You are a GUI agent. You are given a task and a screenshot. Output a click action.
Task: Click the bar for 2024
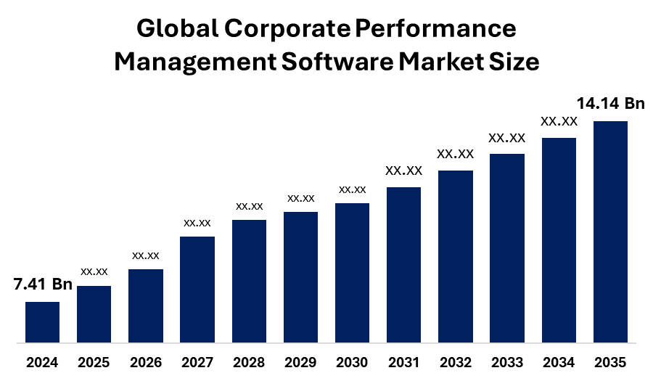coord(42,321)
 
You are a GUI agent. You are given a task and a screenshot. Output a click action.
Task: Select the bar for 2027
coord(197,289)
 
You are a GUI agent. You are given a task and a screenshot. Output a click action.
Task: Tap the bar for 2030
coord(352,272)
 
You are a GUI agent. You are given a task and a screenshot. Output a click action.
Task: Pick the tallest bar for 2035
coord(610,231)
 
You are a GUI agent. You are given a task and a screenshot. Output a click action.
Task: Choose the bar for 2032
coord(456,255)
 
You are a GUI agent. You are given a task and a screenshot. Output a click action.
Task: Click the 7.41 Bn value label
coord(43,284)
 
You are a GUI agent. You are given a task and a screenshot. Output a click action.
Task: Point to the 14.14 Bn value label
coord(610,104)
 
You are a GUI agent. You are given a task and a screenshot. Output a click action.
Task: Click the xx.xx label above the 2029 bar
coord(300,198)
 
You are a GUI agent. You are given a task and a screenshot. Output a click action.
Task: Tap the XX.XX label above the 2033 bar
coord(506,138)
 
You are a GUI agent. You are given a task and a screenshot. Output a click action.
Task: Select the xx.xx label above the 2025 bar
coord(94,271)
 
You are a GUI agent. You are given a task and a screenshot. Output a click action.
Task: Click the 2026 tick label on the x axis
coord(146,362)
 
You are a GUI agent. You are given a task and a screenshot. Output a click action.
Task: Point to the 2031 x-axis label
coord(403,362)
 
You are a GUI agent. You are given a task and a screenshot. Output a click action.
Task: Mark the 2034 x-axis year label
coord(559,362)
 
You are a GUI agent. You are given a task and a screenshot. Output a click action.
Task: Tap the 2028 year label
coord(249,362)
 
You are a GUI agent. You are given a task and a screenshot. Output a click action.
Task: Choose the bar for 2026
coord(146,306)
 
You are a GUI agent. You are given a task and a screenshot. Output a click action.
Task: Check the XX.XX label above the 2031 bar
coord(403,171)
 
